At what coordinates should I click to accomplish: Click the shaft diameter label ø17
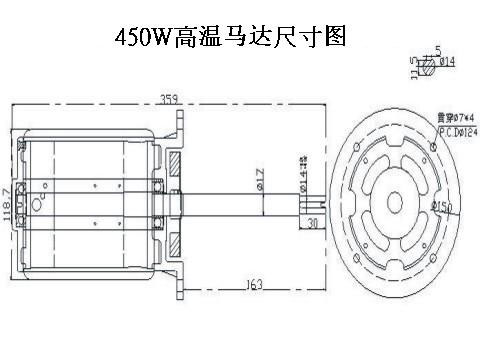(259, 181)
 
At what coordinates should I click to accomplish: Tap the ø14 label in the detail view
(447, 62)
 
